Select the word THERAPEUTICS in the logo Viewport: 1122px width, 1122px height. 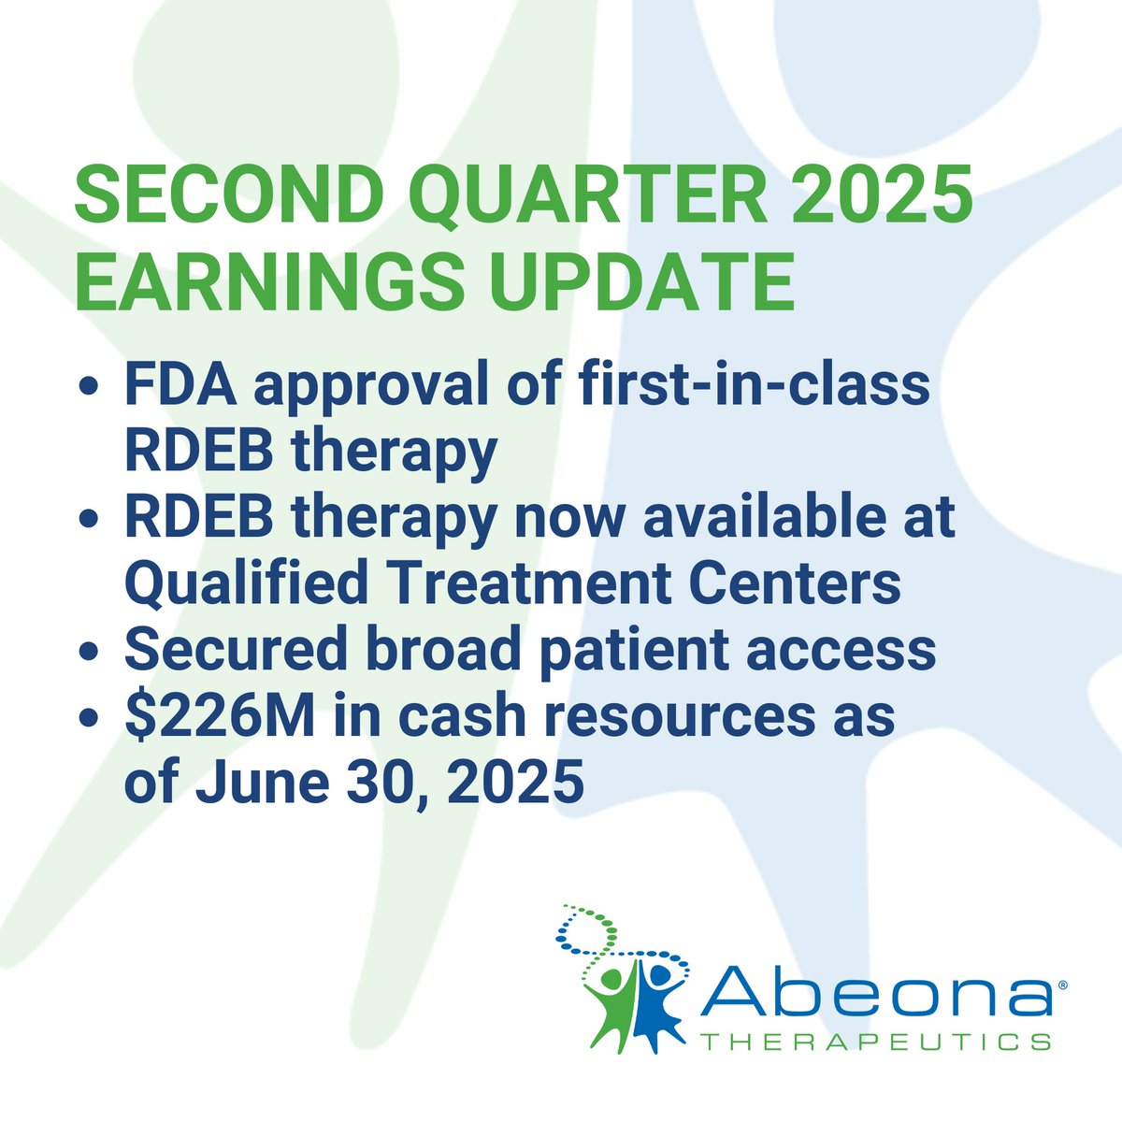click(874, 1040)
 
